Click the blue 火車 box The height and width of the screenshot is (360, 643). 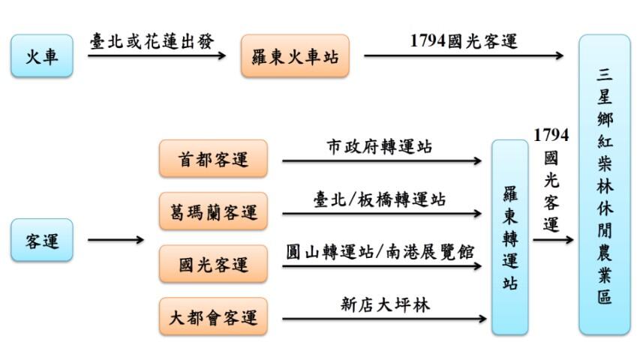43,55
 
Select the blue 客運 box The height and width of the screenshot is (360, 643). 43,240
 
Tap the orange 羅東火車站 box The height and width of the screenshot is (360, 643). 295,55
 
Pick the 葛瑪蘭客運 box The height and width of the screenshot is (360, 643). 213,211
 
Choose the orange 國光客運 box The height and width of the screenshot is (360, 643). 213,264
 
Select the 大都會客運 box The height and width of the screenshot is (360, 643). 213,316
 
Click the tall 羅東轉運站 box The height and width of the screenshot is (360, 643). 509,237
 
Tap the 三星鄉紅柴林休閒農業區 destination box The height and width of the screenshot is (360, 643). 604,184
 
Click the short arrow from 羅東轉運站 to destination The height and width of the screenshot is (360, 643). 553,240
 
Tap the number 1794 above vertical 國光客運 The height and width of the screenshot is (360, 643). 551,135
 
